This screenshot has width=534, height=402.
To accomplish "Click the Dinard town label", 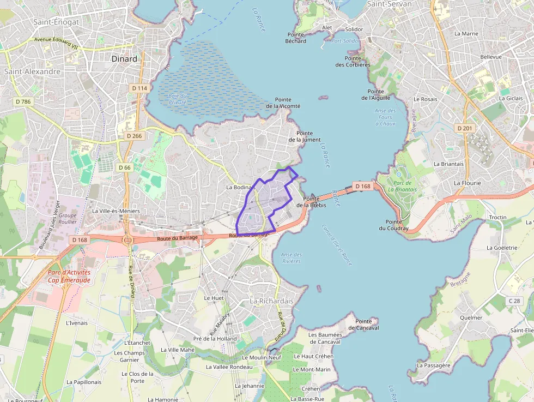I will click(124, 59).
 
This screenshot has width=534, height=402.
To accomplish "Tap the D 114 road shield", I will click(139, 88).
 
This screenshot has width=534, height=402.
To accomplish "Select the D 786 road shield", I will click(23, 101).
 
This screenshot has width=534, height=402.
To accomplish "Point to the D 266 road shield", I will click(133, 136).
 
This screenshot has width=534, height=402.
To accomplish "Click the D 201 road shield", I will click(465, 128).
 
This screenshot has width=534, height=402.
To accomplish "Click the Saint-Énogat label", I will click(56, 22).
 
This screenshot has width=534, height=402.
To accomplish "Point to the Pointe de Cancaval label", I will click(363, 325).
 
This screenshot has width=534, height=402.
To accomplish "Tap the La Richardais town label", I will click(271, 301).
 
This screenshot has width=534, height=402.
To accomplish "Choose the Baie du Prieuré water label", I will click(177, 99).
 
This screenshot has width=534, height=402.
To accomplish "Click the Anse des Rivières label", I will click(292, 257).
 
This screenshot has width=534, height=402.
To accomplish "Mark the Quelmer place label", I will click(471, 317).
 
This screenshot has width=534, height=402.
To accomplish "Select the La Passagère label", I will click(433, 365).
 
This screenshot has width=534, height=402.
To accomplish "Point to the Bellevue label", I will click(490, 57).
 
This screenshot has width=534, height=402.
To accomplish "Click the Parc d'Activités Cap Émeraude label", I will click(69, 276).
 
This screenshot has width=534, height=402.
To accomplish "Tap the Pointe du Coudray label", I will click(397, 225).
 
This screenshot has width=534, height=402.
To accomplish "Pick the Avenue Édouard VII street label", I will click(57, 42).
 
